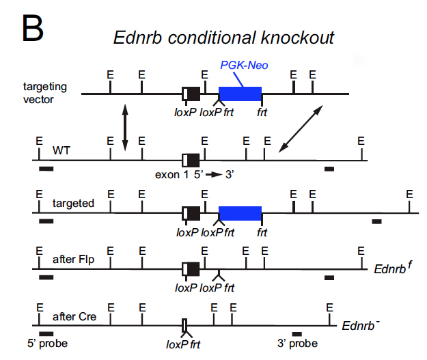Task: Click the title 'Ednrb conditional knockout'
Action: click(x=223, y=38)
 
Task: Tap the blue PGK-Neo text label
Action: click(x=243, y=65)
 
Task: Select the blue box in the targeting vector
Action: click(x=240, y=94)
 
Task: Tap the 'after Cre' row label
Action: click(x=74, y=317)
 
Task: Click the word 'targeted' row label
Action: click(x=73, y=204)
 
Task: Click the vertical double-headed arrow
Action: click(x=124, y=128)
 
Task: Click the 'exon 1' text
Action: click(x=171, y=175)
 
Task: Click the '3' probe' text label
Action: click(x=297, y=344)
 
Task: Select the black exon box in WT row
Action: click(x=192, y=161)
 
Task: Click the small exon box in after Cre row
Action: click(x=184, y=324)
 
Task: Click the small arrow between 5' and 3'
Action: click(x=216, y=175)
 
